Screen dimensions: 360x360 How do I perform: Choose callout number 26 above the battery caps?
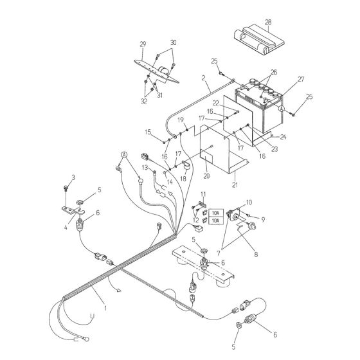pyautogui.click(x=273, y=72)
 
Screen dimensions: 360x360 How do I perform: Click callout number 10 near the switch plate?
pyautogui.click(x=249, y=203)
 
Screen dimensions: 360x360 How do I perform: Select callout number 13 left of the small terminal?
pyautogui.click(x=145, y=167)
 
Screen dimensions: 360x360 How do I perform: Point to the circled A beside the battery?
pyautogui.click(x=281, y=110)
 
